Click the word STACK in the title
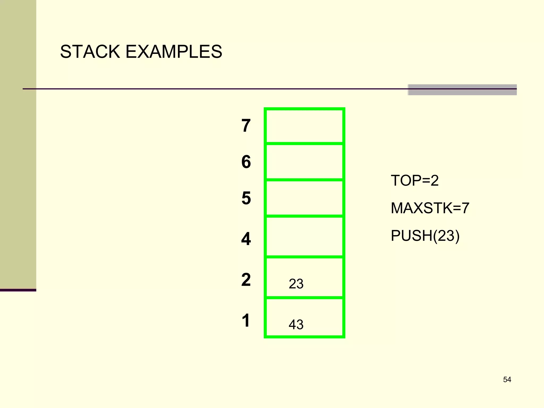[x=90, y=52]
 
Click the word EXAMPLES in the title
[x=174, y=52]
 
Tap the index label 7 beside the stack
[x=246, y=126]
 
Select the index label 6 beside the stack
[x=246, y=162]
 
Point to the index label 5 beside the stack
[x=246, y=198]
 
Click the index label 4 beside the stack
[x=246, y=239]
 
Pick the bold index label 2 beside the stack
[x=246, y=279]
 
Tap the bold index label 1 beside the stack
[x=246, y=320]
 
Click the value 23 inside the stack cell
[x=296, y=284]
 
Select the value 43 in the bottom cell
[x=296, y=325]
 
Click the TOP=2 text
[x=414, y=181]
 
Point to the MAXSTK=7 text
[x=430, y=208]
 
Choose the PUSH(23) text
[x=425, y=236]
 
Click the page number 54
[x=507, y=380]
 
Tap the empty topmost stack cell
[x=304, y=126]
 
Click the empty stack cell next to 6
[x=304, y=162]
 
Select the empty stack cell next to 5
[x=304, y=198]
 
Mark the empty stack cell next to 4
[x=304, y=237]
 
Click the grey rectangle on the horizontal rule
[x=462, y=90]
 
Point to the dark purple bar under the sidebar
[x=18, y=290]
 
